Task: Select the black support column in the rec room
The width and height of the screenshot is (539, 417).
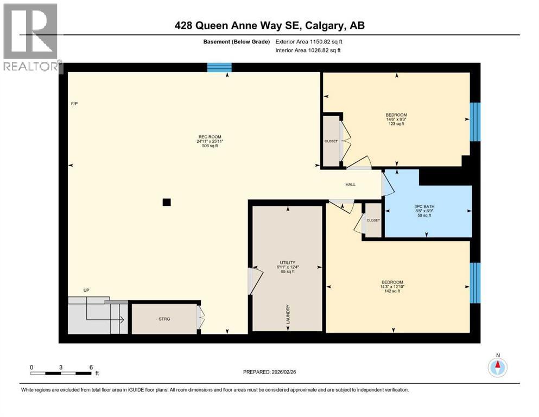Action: click(167, 203)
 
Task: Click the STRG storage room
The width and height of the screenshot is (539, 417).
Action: click(164, 319)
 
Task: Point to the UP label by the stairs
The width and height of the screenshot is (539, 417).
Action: click(86, 290)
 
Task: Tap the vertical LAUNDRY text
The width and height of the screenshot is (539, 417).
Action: click(289, 315)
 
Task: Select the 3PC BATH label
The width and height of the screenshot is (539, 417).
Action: click(425, 206)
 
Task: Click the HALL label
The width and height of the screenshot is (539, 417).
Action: click(351, 185)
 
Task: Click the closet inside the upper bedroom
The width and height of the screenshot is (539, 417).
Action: click(331, 141)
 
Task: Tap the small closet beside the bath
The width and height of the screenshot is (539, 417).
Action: click(373, 220)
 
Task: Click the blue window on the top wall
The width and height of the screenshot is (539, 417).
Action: click(219, 68)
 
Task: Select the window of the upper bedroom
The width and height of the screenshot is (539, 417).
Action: click(475, 122)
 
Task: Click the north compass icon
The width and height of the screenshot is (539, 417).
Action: click(497, 367)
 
